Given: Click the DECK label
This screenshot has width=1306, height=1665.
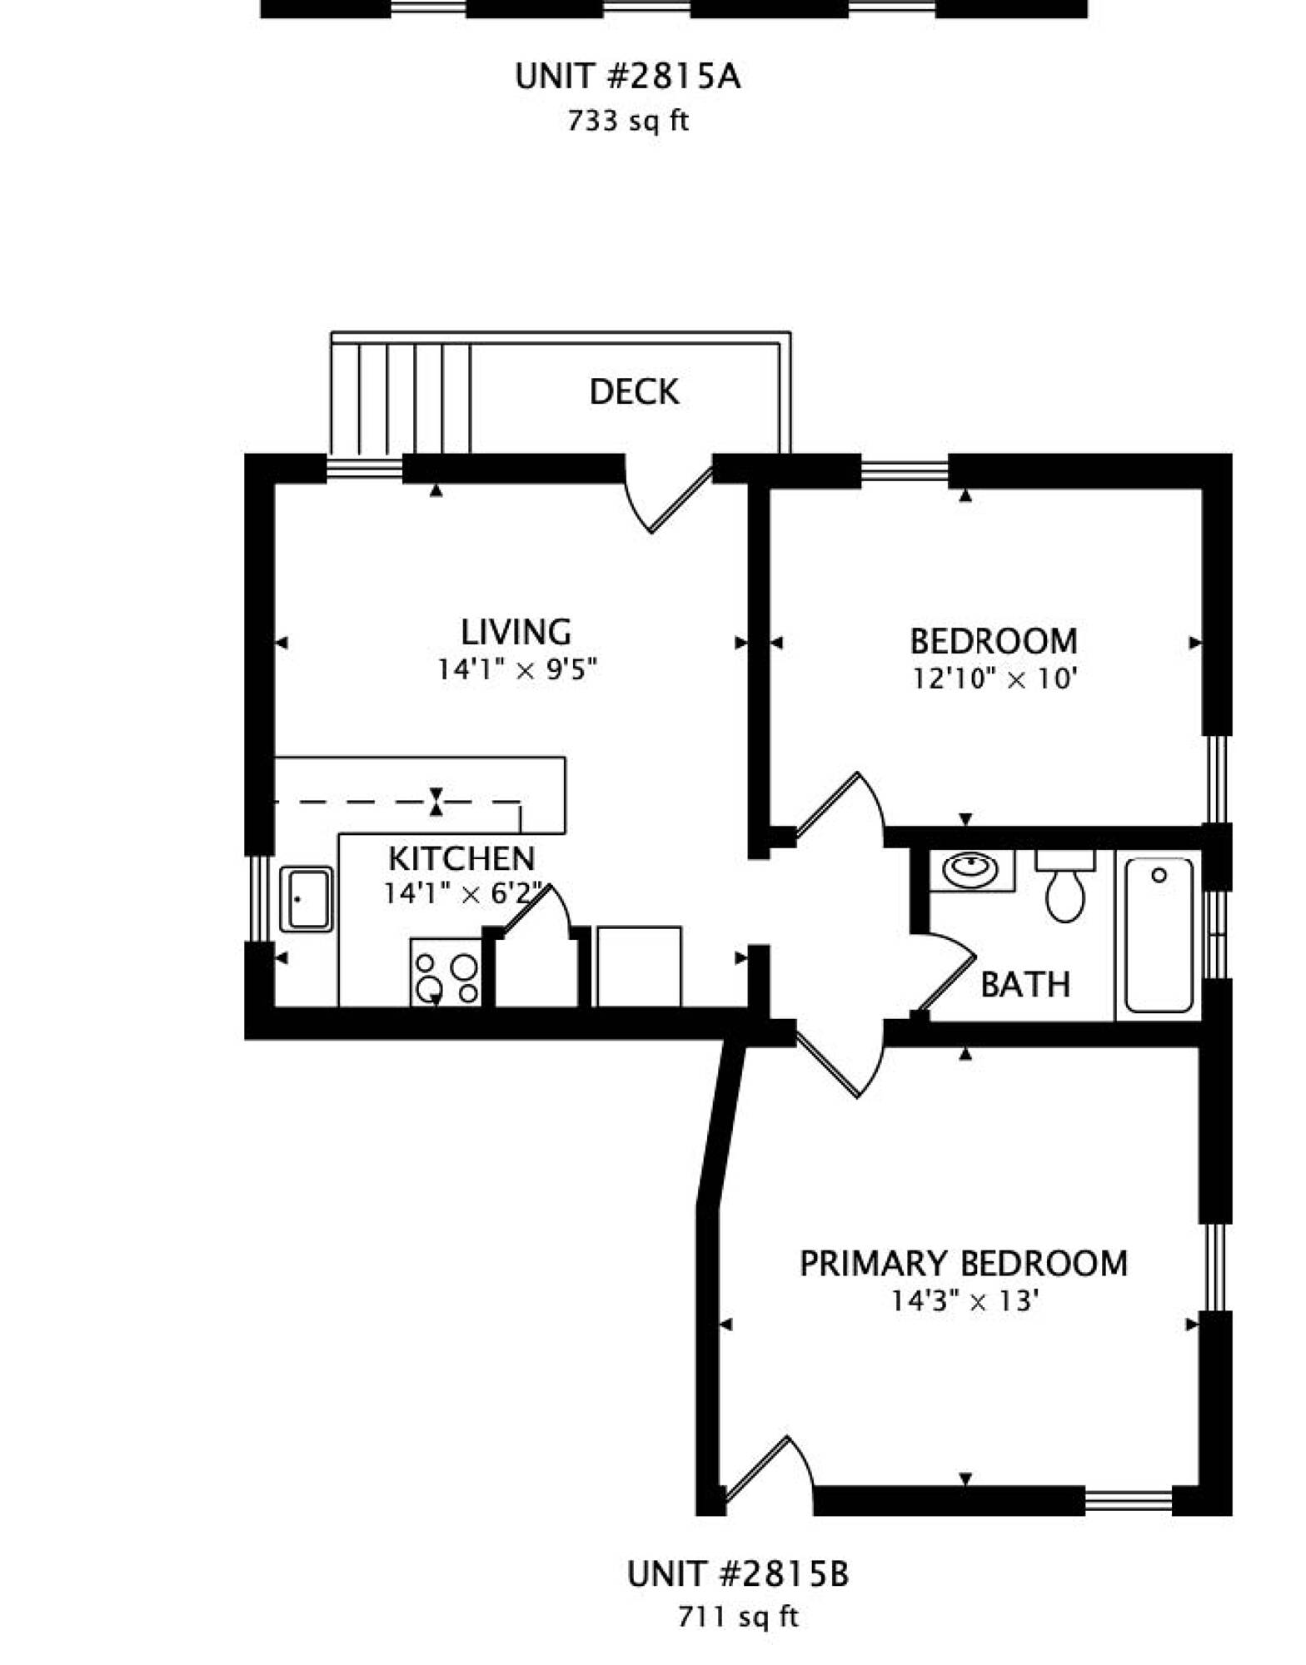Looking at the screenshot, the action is [634, 391].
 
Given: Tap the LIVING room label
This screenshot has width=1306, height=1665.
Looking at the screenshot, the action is [516, 632].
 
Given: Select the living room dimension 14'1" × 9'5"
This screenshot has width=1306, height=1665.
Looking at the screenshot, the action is [518, 669].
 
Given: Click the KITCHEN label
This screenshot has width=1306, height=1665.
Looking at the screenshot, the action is [461, 858].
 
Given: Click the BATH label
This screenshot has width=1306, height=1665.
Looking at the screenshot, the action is [1025, 984].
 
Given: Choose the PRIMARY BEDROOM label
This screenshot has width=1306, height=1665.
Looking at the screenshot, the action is [964, 1263].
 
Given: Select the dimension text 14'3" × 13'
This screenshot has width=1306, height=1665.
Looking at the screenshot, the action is [965, 1300].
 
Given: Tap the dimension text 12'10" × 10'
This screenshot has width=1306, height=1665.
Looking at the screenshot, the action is [995, 679].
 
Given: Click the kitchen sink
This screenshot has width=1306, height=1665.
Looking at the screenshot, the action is [307, 899].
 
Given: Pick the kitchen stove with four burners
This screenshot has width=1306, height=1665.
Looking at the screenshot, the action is [446, 972].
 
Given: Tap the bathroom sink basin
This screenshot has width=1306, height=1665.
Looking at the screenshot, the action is [970, 871].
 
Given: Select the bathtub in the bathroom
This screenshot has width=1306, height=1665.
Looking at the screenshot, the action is [1159, 935].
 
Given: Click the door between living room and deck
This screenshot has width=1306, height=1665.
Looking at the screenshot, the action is [670, 497].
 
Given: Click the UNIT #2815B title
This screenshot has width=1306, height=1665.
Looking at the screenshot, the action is [738, 1574].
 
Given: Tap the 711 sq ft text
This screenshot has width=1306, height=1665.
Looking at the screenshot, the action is [738, 1617].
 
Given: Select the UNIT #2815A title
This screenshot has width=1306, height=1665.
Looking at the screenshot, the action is [627, 77].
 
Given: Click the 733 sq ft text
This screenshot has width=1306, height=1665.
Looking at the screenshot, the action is [628, 121].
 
